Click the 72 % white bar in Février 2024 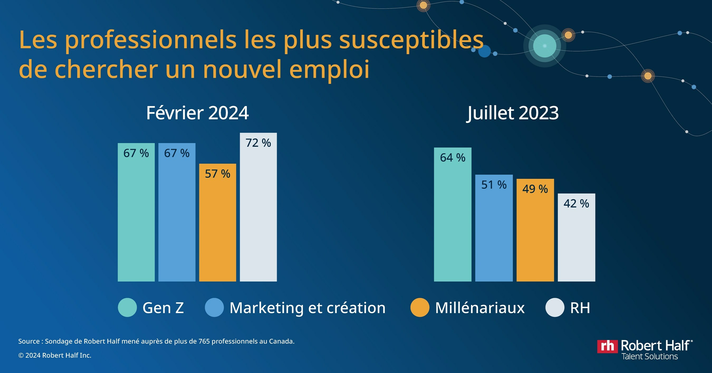[258, 207]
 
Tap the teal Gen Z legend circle [127, 308]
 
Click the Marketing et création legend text [307, 308]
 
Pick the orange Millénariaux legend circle [420, 308]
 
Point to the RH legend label [580, 308]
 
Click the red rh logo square [607, 346]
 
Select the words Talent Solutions [650, 356]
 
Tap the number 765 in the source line [204, 342]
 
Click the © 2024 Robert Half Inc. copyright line [55, 355]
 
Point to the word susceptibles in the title [411, 40]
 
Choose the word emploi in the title [329, 69]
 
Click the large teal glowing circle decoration [545, 46]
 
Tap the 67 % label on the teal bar [136, 153]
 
